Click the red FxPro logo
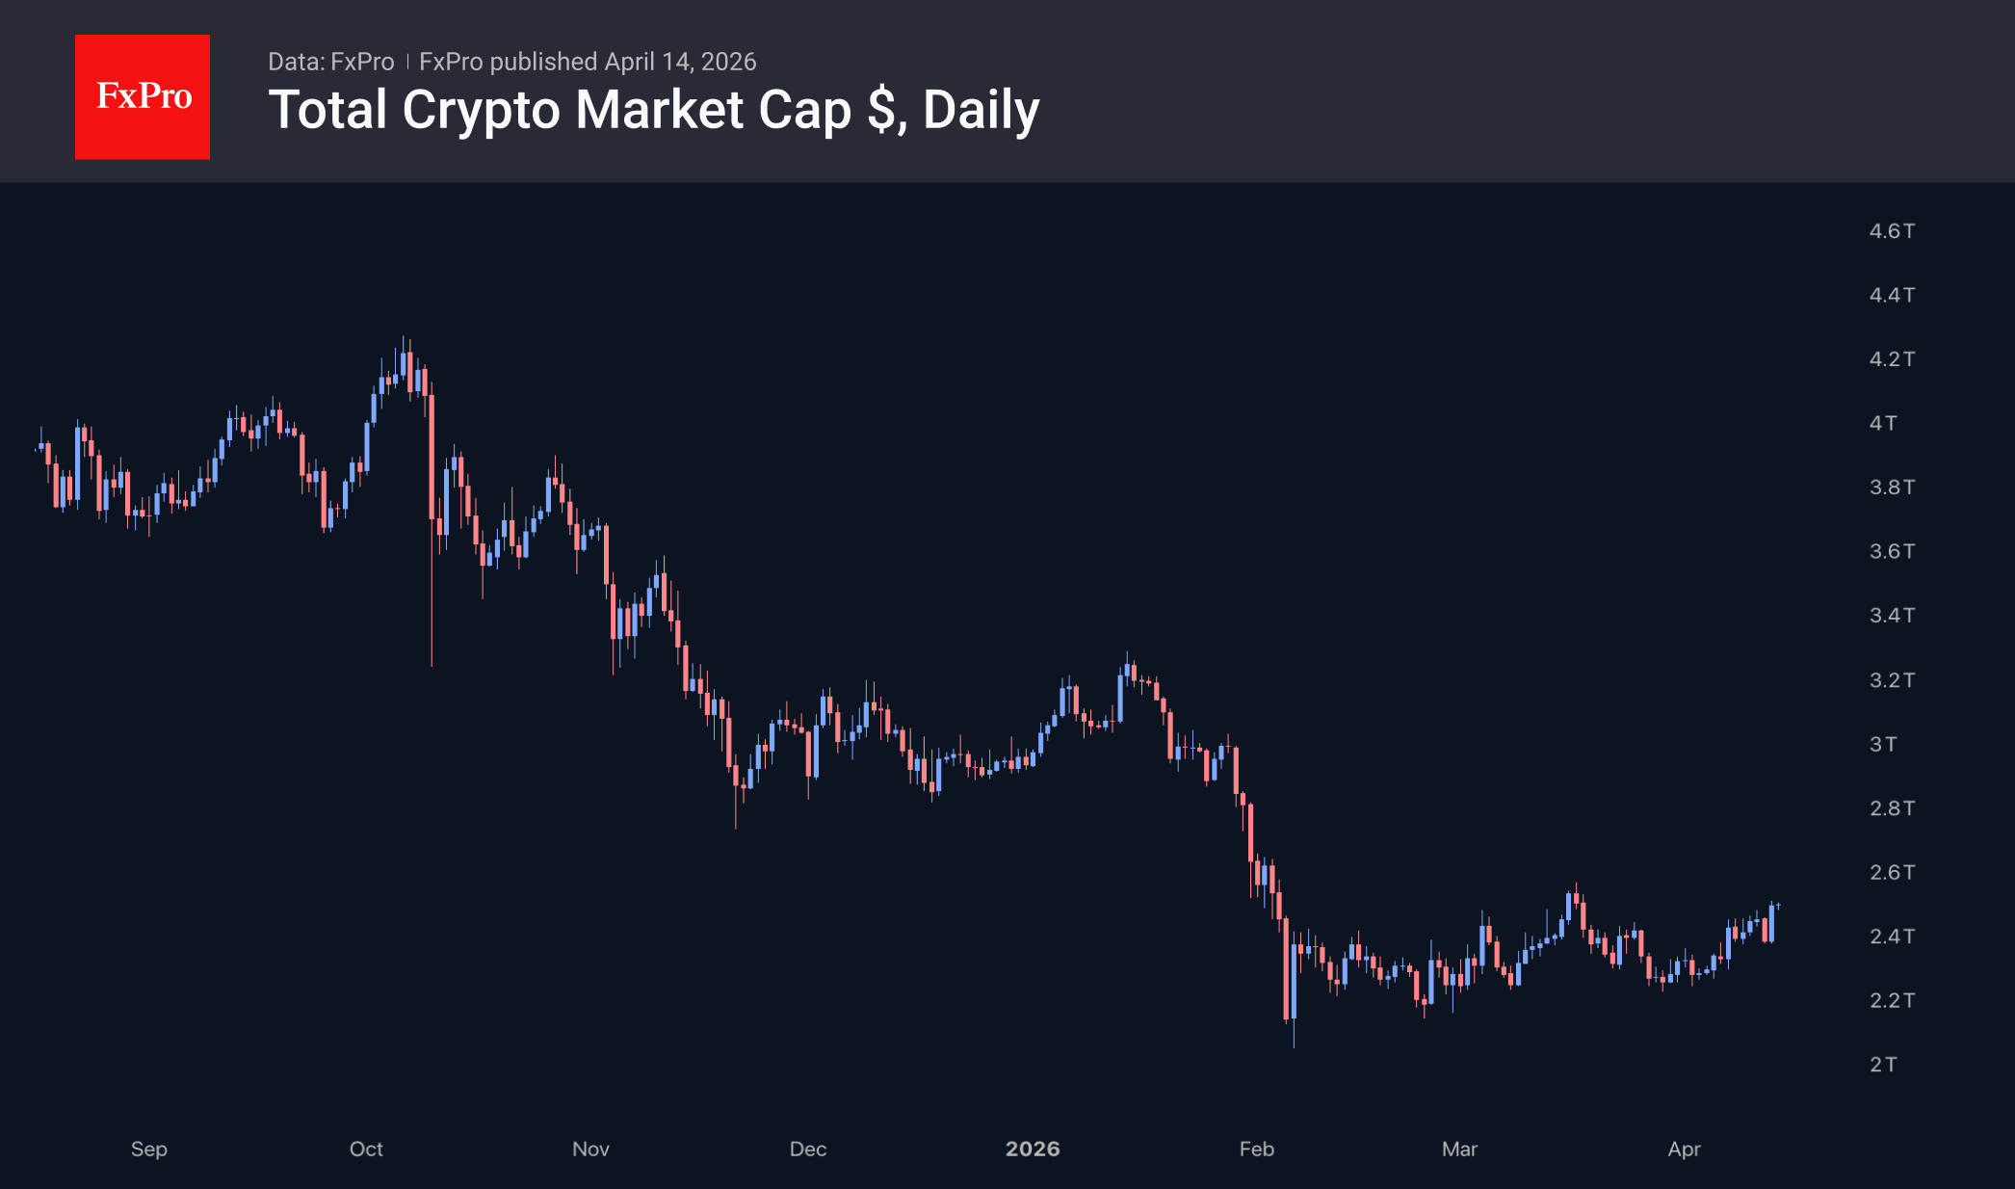pyautogui.click(x=143, y=96)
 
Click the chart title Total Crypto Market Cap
pyautogui.click(x=653, y=110)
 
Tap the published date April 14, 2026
pyautogui.click(x=680, y=62)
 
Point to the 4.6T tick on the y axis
pyautogui.click(x=1891, y=231)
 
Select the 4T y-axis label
pyautogui.click(x=1882, y=423)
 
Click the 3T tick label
pyautogui.click(x=1882, y=744)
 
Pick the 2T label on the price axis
pyautogui.click(x=1882, y=1065)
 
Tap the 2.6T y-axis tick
pyautogui.click(x=1891, y=872)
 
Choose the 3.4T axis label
pyautogui.click(x=1891, y=615)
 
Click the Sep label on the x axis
pyautogui.click(x=149, y=1149)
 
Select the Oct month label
pyautogui.click(x=366, y=1149)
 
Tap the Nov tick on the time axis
pyautogui.click(x=590, y=1149)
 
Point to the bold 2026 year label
pyautogui.click(x=1032, y=1149)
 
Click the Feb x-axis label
pyautogui.click(x=1256, y=1149)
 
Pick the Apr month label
pyautogui.click(x=1684, y=1149)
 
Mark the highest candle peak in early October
pyautogui.click(x=403, y=337)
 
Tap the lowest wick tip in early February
pyautogui.click(x=1293, y=1046)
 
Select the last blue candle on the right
pyautogui.click(x=1771, y=922)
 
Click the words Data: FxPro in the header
pyautogui.click(x=330, y=62)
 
